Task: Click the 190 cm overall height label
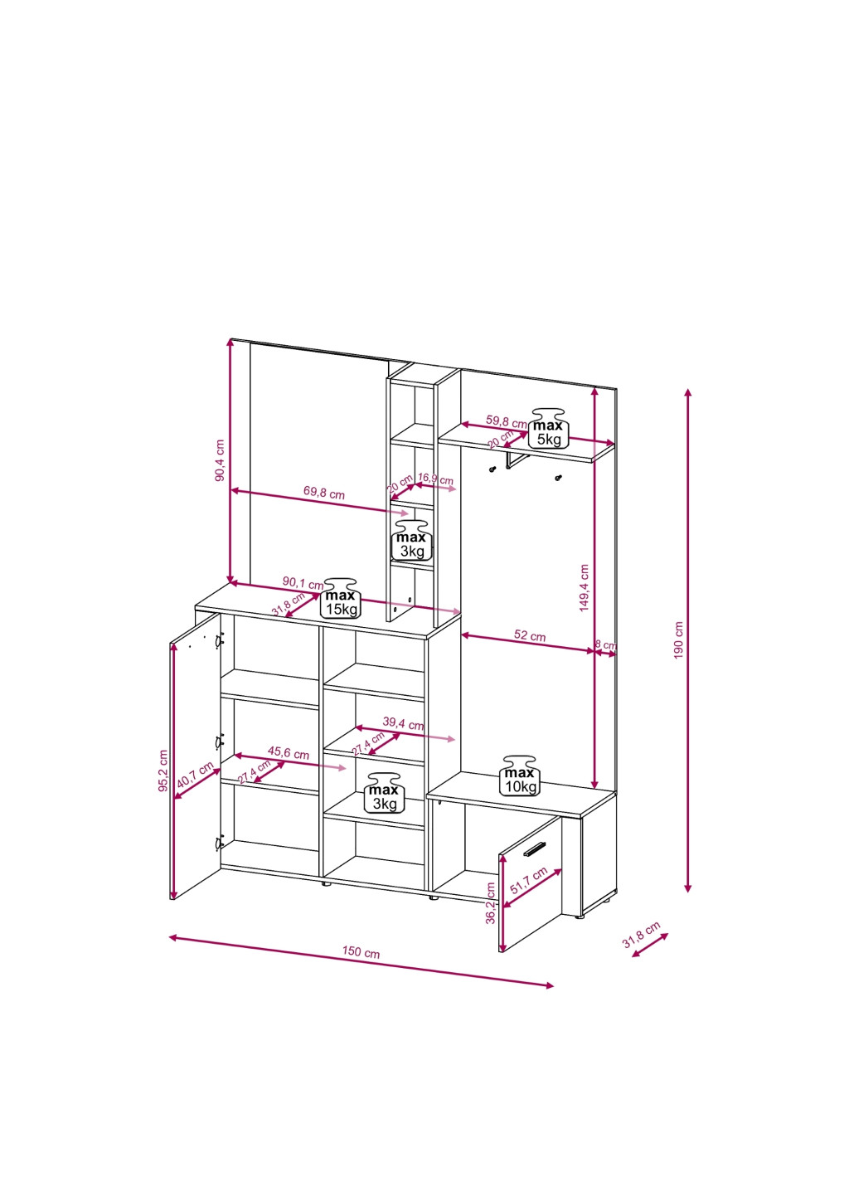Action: [x=678, y=640]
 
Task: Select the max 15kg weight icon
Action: [x=342, y=598]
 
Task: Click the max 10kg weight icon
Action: [x=519, y=776]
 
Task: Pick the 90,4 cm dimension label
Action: [x=220, y=460]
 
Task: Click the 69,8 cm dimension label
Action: [x=323, y=492]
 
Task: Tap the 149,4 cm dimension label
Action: [x=584, y=587]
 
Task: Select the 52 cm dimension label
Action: [x=530, y=635]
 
